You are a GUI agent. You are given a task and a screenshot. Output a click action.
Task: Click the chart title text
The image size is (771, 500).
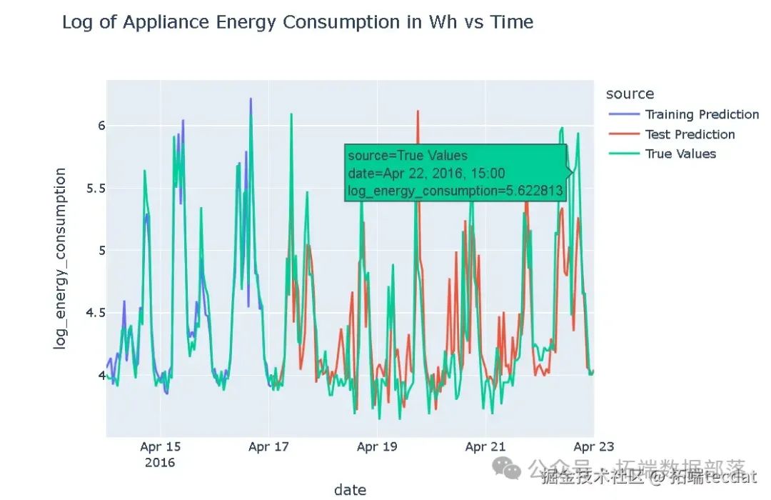pyautogui.click(x=298, y=22)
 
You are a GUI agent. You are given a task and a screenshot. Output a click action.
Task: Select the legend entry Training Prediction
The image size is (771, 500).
pyautogui.click(x=701, y=114)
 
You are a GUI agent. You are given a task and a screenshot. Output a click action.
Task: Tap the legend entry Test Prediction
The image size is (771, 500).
pyautogui.click(x=689, y=134)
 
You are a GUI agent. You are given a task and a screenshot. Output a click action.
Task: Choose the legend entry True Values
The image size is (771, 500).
pyautogui.click(x=680, y=154)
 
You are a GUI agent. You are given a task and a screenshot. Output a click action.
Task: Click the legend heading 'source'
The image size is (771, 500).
pyautogui.click(x=629, y=94)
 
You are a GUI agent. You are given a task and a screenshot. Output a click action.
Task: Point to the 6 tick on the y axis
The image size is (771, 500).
pyautogui.click(x=92, y=126)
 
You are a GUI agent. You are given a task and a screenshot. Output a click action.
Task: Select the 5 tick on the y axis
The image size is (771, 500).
pyautogui.click(x=92, y=251)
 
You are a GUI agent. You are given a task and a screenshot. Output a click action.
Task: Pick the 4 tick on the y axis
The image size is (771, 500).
pyautogui.click(x=92, y=375)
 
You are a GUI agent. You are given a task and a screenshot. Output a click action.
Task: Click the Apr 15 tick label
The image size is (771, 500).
pyautogui.click(x=160, y=447)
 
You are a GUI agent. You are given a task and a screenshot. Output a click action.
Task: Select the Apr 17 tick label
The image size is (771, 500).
pyautogui.click(x=268, y=447)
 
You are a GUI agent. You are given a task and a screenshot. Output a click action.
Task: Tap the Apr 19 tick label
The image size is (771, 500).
pyautogui.click(x=377, y=447)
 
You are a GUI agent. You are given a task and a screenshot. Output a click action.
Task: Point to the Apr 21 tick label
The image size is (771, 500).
pyautogui.click(x=485, y=447)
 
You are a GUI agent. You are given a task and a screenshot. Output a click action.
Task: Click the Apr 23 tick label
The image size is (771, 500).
pyautogui.click(x=594, y=447)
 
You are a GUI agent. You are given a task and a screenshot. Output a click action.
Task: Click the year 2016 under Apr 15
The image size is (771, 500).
pyautogui.click(x=160, y=462)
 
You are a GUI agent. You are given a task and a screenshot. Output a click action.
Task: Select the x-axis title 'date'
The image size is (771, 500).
pyautogui.click(x=350, y=489)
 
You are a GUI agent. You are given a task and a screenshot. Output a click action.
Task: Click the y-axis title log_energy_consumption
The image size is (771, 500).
pyautogui.click(x=61, y=258)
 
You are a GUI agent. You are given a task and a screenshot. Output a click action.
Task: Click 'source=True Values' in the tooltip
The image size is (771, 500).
pyautogui.click(x=408, y=156)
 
